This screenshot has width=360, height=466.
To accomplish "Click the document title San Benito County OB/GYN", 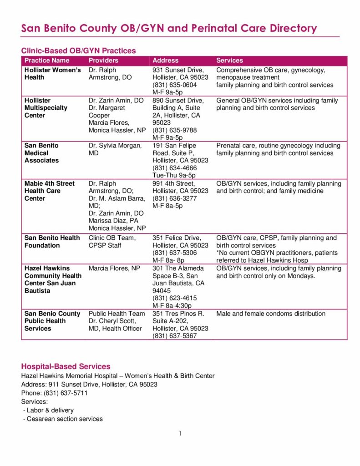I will pyautogui.click(x=169, y=28).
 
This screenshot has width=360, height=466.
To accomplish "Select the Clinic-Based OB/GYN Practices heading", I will pyautogui.click(x=78, y=51).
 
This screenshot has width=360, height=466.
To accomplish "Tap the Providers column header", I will pyautogui.click(x=103, y=61).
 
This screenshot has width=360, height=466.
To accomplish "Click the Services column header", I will pyautogui.click(x=229, y=61).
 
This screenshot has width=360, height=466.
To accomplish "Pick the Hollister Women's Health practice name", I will pyautogui.click(x=52, y=74).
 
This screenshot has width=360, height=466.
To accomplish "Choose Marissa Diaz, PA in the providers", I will pyautogui.click(x=113, y=221).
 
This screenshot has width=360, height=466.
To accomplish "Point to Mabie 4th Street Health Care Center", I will pyautogui.click(x=50, y=191).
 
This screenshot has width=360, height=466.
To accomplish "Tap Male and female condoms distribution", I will pyautogui.click(x=271, y=314).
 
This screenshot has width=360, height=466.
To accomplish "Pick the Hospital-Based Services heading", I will pyautogui.click(x=66, y=366).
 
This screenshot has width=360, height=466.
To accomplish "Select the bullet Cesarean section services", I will pyautogui.click(x=63, y=419).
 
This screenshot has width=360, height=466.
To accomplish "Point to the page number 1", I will pyautogui.click(x=180, y=433).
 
